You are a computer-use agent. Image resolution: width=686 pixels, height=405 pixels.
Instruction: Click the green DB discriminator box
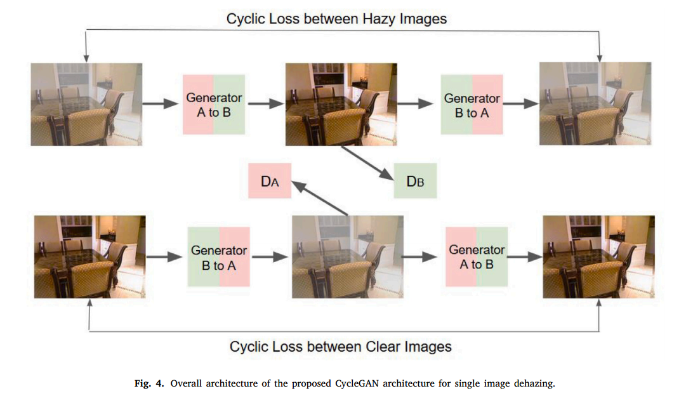click(415, 182)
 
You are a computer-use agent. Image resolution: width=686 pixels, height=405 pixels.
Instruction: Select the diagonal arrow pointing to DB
click(366, 163)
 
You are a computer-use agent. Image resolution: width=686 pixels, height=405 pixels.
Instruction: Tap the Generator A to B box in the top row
click(213, 105)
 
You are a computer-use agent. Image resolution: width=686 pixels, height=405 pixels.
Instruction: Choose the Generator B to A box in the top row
click(472, 105)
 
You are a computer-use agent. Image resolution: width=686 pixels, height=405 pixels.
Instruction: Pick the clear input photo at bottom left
click(89, 256)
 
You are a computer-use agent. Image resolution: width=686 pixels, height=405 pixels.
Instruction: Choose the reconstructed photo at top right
click(595, 104)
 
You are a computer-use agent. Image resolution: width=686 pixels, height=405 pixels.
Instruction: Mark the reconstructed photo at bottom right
click(599, 256)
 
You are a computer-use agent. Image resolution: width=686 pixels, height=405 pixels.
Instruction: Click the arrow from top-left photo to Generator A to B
click(162, 104)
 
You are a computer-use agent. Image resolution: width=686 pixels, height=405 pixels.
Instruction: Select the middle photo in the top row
click(342, 104)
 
